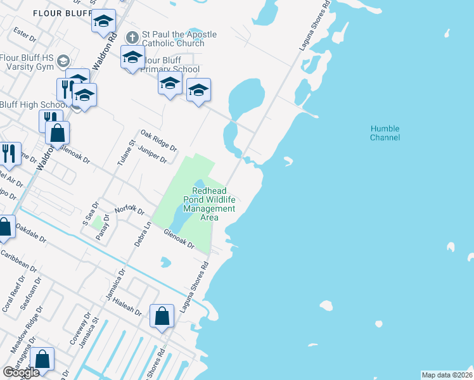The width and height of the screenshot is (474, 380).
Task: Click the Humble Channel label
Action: pos(385,133)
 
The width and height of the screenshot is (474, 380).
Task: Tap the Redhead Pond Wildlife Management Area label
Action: pos(214,204)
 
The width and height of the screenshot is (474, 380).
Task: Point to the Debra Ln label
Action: pos(142,234)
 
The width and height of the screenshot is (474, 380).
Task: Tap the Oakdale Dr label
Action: pos(31,232)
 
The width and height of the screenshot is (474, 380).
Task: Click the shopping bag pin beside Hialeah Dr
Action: pos(162,316)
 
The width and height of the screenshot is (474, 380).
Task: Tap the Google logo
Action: pos(20,372)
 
